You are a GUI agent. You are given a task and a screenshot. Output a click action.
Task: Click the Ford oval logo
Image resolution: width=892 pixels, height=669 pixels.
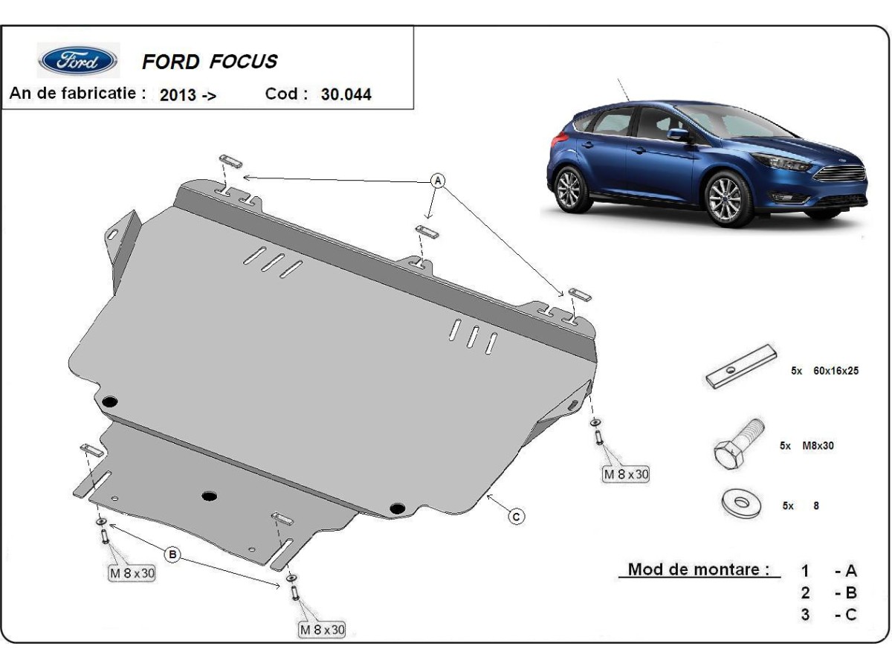tap(78, 60)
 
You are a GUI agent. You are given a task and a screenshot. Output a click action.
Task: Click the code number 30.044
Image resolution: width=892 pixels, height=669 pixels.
tap(346, 94)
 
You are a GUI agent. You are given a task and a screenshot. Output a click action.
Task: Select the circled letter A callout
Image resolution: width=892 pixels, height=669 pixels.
tap(438, 181)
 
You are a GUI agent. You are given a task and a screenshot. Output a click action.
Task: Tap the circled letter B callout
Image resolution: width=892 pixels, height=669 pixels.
tap(172, 554)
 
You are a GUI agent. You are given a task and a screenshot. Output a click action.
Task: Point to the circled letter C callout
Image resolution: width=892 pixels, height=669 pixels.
tap(515, 516)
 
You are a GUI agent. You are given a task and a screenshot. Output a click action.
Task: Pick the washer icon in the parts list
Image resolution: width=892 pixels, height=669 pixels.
tap(740, 503)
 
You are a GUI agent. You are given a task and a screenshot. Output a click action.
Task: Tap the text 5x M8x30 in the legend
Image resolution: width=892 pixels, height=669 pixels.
tap(807, 446)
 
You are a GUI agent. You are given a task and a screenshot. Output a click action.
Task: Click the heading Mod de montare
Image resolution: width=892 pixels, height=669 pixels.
tap(699, 570)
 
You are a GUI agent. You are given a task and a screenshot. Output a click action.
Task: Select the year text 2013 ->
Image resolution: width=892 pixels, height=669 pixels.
tap(187, 95)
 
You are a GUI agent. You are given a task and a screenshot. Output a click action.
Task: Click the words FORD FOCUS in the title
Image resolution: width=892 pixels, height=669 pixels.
tap(210, 62)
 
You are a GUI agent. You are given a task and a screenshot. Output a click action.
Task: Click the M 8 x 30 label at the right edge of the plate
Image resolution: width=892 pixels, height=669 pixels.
tap(626, 474)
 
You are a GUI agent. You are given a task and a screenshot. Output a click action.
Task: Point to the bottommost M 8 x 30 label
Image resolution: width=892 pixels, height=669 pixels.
tap(323, 630)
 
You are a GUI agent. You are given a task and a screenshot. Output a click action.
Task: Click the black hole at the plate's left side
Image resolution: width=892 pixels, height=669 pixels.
tap(110, 402)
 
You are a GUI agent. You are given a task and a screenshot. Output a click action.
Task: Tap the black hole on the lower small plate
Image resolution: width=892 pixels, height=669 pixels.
tap(210, 495)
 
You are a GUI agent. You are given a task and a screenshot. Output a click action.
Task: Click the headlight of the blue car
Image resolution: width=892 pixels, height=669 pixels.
tap(780, 162)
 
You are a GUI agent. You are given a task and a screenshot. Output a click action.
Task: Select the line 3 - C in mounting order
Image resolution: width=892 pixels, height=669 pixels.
tap(829, 615)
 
